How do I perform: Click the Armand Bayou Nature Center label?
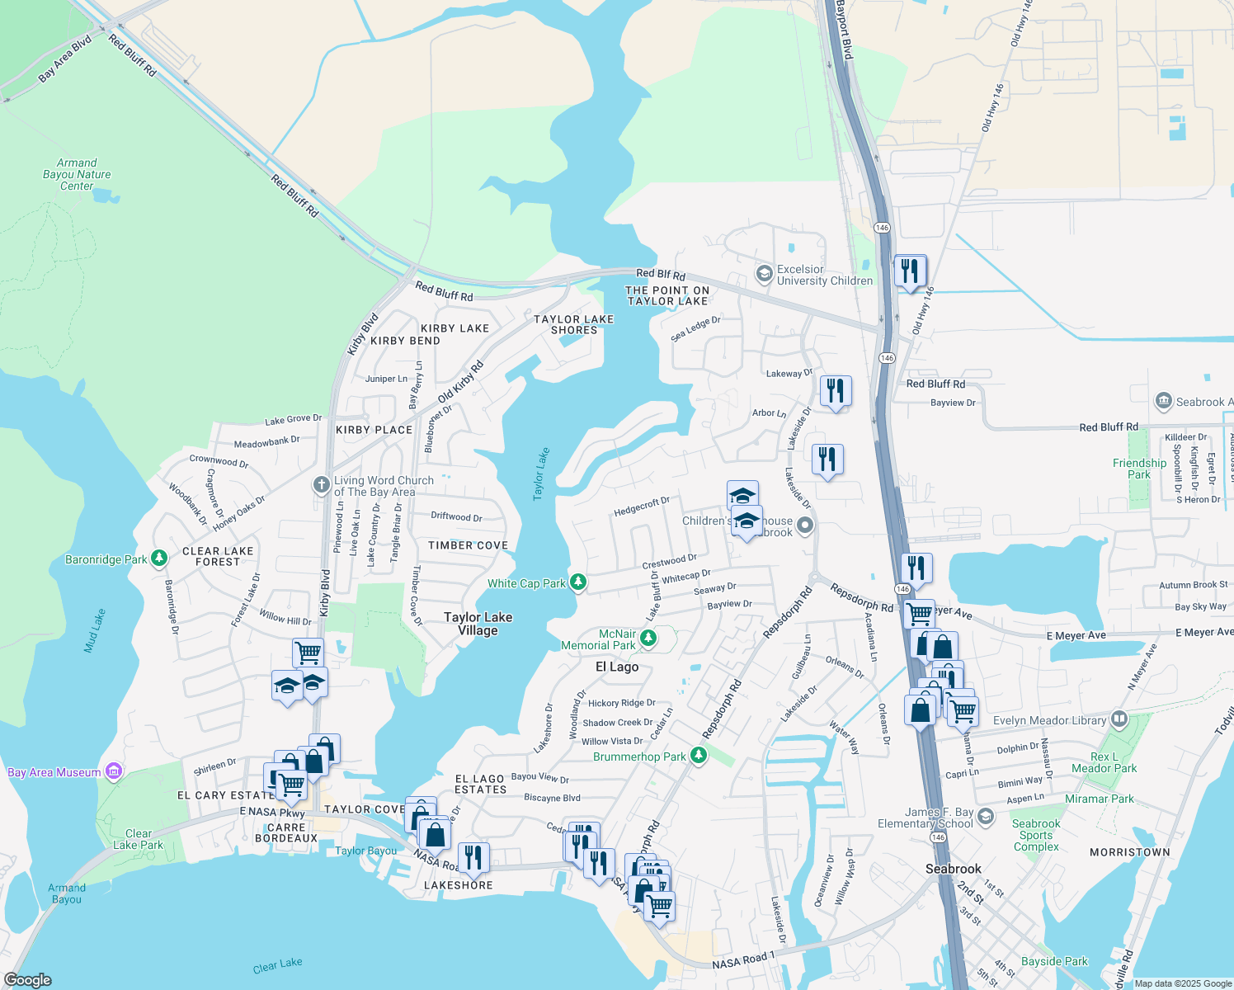(x=77, y=175)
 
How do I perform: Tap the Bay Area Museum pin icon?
(x=115, y=772)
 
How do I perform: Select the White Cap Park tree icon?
(x=579, y=583)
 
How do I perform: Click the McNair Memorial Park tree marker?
(x=649, y=638)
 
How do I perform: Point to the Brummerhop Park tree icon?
(x=699, y=756)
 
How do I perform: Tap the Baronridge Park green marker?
(x=159, y=559)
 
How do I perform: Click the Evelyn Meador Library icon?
(x=1119, y=719)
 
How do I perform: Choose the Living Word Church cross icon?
(x=322, y=485)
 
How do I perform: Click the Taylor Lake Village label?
(x=478, y=624)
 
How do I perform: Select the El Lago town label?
(x=617, y=667)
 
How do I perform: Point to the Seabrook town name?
(x=953, y=869)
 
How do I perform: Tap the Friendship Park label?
(x=1139, y=469)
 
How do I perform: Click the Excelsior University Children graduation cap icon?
(x=765, y=273)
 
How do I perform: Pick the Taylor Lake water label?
(x=541, y=474)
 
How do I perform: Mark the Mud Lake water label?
(x=95, y=631)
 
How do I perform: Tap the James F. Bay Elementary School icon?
(x=985, y=818)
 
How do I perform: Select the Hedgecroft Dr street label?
(x=642, y=507)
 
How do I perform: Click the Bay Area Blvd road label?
(x=65, y=59)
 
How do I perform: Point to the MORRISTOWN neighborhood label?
(x=1129, y=852)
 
